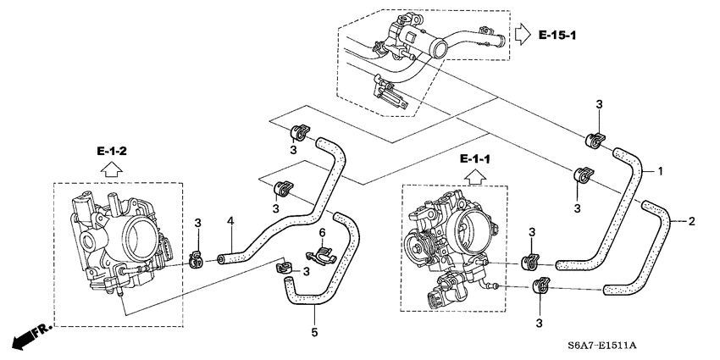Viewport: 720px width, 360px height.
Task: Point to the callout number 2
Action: [691, 222]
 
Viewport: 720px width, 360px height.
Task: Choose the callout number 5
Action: [314, 332]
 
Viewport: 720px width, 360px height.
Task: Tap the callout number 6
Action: [322, 232]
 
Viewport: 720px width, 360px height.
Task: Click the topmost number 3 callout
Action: [598, 104]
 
